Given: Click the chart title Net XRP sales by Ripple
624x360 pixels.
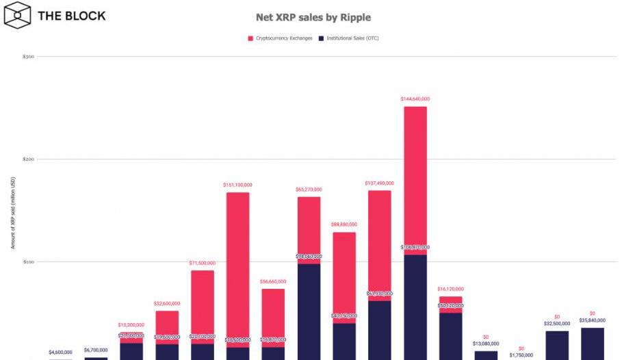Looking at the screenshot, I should click(313, 17).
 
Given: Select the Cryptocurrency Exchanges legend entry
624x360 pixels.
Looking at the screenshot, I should click(281, 38).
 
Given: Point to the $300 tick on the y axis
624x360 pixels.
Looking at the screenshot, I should click(29, 57).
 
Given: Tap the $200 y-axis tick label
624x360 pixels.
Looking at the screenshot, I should click(29, 159).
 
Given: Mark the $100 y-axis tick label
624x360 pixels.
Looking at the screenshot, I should click(29, 262).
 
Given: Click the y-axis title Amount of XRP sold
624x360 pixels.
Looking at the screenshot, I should click(12, 212).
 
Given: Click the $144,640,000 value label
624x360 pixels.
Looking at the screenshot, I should click(415, 99).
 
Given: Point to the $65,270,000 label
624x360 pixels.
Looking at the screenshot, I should click(309, 190).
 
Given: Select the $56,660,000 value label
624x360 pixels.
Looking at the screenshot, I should click(273, 281).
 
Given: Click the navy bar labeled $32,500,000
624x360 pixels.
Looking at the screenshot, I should click(557, 345).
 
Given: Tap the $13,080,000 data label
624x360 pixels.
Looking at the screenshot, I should click(486, 344).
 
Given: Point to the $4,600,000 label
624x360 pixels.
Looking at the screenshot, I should click(60, 352).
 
